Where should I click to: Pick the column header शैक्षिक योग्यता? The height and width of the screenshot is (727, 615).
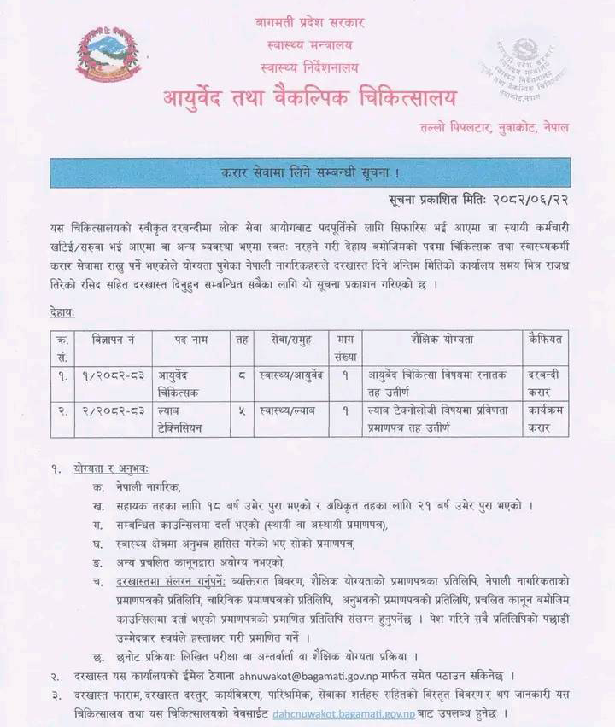click(442, 340)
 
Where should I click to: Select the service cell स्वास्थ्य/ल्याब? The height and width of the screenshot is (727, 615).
click(287, 410)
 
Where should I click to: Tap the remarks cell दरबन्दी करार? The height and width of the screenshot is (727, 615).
click(547, 381)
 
